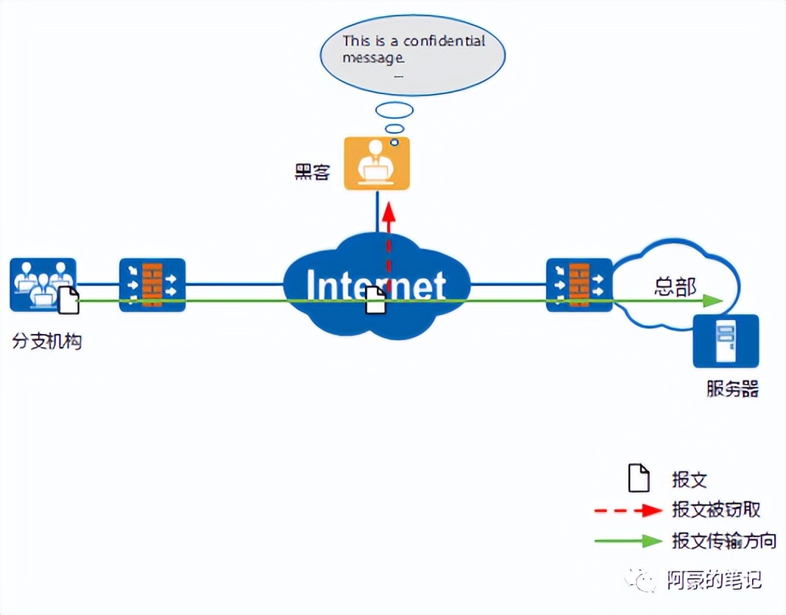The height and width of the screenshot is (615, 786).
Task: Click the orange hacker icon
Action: tap(377, 165)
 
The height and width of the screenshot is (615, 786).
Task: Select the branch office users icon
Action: tap(43, 283)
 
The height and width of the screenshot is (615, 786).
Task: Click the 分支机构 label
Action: tap(46, 341)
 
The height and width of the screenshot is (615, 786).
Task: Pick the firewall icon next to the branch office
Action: tap(152, 284)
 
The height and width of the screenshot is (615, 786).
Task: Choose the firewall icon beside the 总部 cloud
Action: tap(579, 284)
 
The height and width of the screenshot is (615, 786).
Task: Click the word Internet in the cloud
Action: tap(376, 285)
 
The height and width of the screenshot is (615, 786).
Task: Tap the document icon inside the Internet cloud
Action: tap(375, 300)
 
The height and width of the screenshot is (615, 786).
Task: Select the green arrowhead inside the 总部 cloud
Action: tap(711, 300)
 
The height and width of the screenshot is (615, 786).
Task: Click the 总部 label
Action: tap(675, 286)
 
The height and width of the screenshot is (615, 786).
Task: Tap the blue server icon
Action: tap(726, 341)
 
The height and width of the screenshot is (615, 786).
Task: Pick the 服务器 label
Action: tap(732, 388)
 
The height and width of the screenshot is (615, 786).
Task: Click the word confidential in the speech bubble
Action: tap(444, 41)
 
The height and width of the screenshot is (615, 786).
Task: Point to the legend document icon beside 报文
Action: tap(638, 479)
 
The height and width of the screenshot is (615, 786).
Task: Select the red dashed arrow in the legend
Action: tap(629, 509)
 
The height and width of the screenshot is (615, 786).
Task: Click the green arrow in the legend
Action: tap(629, 541)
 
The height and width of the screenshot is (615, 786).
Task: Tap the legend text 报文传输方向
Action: tap(723, 541)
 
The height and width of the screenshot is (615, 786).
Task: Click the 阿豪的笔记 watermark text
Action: tap(713, 580)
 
